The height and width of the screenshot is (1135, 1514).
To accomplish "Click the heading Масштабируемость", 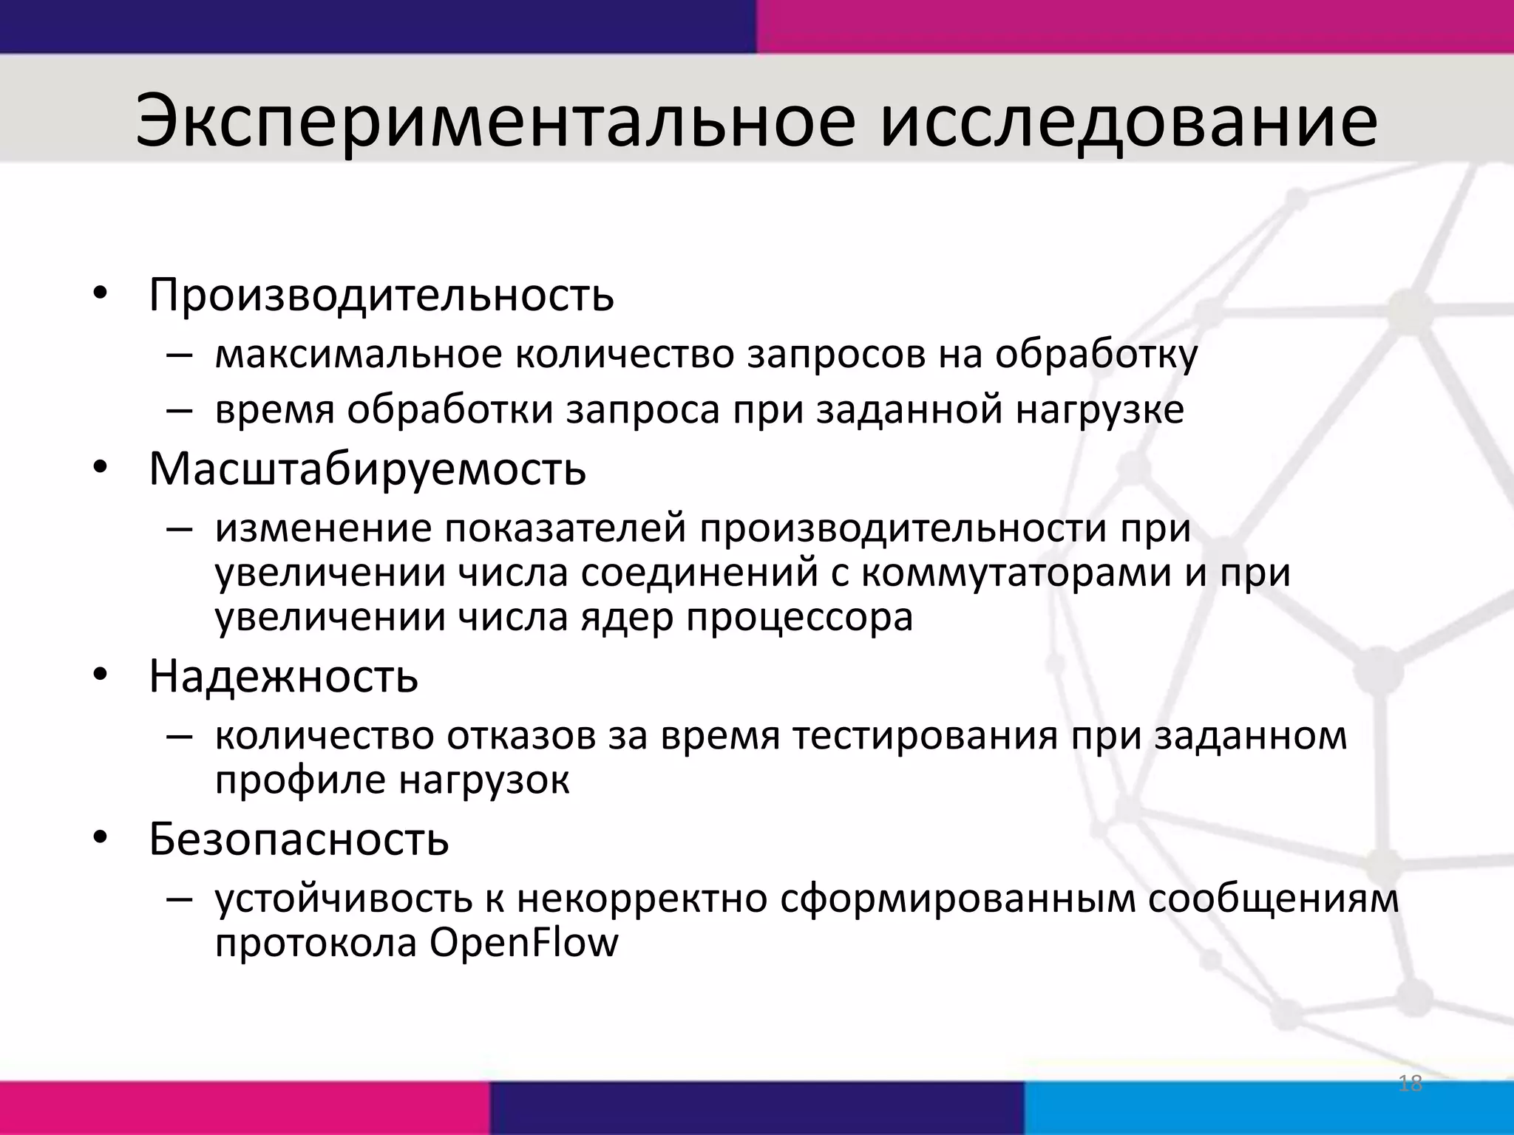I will pyautogui.click(x=367, y=469).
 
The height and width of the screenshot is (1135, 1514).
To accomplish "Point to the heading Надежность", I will pyautogui.click(x=283, y=676).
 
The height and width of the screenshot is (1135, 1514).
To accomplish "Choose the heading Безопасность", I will pyautogui.click(x=299, y=839).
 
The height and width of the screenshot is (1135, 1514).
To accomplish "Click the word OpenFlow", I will pyautogui.click(x=523, y=944).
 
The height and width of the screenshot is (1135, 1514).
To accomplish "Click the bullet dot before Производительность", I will pyautogui.click(x=100, y=295).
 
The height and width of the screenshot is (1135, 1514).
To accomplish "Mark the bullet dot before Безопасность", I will pyautogui.click(x=100, y=839).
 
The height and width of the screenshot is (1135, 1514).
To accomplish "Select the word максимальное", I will pyautogui.click(x=359, y=355).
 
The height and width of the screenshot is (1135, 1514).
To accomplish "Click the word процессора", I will pyautogui.click(x=800, y=618).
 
